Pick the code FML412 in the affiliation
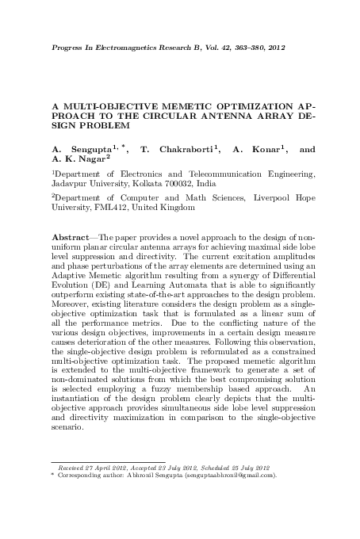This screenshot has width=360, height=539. coord(109,207)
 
